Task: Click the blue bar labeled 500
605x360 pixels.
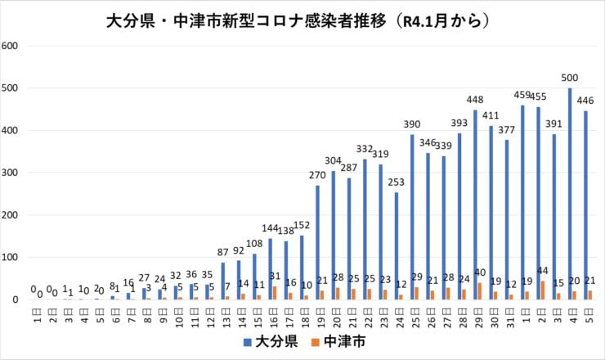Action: click(570, 194)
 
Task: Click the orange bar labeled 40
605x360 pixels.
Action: click(481, 291)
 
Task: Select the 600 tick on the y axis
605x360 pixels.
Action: click(11, 46)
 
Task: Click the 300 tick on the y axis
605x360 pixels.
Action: click(11, 173)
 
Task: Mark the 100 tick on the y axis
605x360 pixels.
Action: click(11, 258)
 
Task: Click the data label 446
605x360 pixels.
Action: click(585, 101)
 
